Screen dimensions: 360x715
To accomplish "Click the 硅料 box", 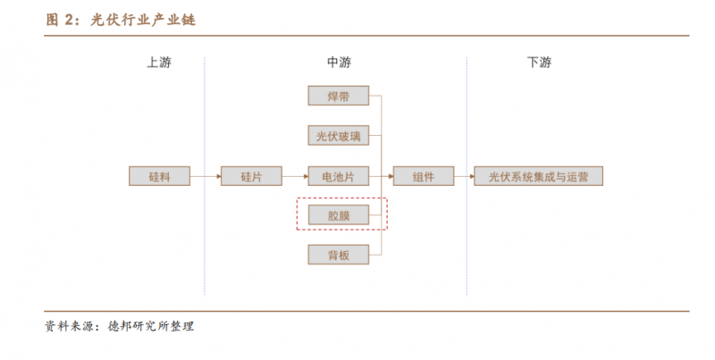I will (159, 176).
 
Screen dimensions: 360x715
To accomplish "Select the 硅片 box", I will (251, 176).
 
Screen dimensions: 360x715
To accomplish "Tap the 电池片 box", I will (338, 176).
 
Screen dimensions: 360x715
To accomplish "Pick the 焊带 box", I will (338, 96).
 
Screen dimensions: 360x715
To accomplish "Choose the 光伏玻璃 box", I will (338, 136).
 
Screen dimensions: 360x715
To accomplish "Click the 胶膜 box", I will (338, 215).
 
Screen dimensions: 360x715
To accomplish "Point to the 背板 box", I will (338, 255).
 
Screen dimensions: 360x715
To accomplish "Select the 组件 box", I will (424, 176).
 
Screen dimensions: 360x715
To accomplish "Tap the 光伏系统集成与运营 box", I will (538, 176).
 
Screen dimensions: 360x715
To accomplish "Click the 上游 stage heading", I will (159, 63).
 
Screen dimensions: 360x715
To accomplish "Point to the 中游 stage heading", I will (339, 63).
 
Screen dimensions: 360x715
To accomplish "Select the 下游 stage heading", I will (539, 63).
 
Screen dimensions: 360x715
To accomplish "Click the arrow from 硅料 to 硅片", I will (205, 176).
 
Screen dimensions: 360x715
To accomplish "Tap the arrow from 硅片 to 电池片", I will (295, 176).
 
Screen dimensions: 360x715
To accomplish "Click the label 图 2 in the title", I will (63, 20).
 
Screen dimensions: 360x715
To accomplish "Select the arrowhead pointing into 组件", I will (389, 176).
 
